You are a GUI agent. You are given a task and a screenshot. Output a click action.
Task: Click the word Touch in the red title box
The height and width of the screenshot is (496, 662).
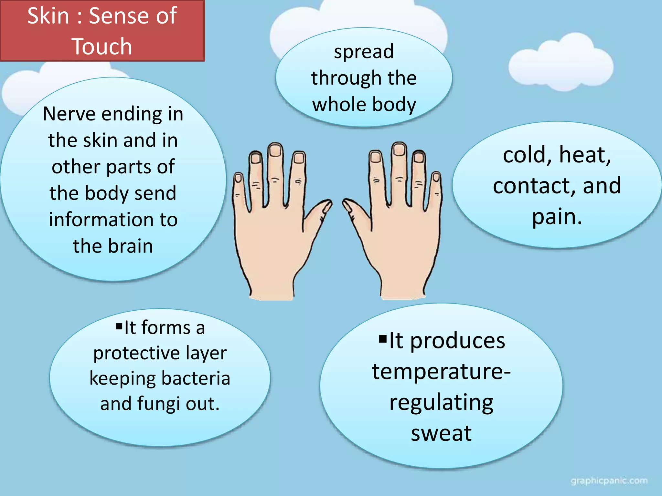tap(102, 46)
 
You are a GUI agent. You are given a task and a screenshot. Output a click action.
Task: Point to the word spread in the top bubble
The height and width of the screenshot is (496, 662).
tap(364, 52)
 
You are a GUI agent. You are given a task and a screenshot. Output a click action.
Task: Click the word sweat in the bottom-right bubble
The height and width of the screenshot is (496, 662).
tap(441, 433)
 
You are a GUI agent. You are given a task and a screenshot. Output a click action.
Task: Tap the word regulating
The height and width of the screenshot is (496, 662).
tap(441, 403)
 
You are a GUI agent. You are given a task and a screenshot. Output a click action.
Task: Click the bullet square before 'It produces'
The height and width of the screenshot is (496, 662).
tap(383, 339)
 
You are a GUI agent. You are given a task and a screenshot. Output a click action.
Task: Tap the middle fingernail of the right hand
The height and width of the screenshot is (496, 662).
tap(399, 149)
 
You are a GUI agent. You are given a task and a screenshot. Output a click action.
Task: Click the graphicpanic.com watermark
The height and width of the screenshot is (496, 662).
tap(609, 481)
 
